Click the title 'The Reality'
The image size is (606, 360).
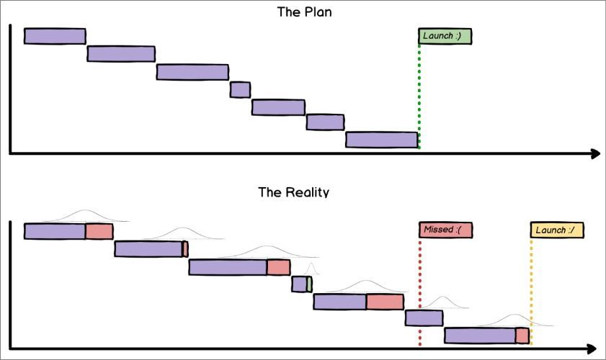pos(293,192)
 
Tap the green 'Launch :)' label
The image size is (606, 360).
pos(445,36)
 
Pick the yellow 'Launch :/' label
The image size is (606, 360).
pos(556,230)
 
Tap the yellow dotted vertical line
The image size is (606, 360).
pos(531,281)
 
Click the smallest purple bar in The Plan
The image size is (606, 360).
pos(240,89)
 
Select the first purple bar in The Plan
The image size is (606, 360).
pos(55,36)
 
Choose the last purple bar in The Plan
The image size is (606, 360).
pos(381,140)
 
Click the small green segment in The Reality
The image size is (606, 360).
pos(309,284)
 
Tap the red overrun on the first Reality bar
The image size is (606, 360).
pos(99,231)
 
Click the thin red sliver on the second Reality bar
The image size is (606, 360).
pos(185,249)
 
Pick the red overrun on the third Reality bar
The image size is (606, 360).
pos(278,267)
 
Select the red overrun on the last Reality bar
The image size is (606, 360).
pos(522,336)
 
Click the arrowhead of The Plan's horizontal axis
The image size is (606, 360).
pos(595,153)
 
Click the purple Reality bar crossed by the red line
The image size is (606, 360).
pos(424,318)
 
